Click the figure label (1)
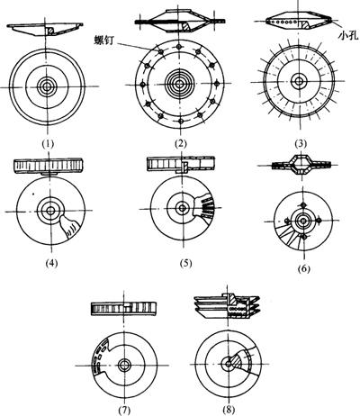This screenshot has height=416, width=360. coord(48,144)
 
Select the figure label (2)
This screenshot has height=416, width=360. coord(180,144)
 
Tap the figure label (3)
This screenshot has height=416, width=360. coord(301,144)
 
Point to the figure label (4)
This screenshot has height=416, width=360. coord(51,263)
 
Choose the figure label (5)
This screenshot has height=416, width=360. coord(185,263)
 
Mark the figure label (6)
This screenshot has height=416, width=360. coord(303,269)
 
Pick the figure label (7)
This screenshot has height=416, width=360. coord(123,409)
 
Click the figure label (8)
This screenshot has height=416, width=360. coord(229,409)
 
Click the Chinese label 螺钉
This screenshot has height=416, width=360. coord(104,40)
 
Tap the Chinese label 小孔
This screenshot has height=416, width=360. coord(348,34)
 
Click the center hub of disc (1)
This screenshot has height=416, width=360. coord(47,86)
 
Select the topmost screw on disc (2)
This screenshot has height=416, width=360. coord(179,47)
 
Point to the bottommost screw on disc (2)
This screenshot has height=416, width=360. coord(180,122)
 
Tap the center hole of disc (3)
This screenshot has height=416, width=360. coord(299,81)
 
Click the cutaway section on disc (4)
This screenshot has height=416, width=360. coord(70,228)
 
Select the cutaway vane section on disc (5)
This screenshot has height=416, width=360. coord(204,208)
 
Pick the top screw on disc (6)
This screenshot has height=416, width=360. coord(303,205)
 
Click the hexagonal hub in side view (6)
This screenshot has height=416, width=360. coord(301,165)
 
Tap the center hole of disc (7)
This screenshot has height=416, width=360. coord(123,366)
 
